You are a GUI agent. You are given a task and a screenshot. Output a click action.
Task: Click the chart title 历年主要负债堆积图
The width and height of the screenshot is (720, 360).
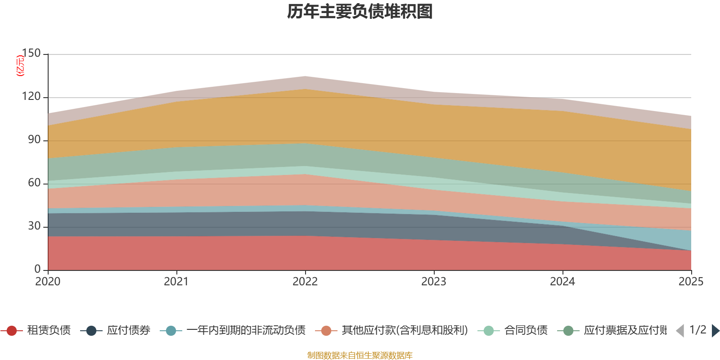360,12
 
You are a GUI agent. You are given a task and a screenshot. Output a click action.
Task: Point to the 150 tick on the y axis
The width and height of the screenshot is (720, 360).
31,53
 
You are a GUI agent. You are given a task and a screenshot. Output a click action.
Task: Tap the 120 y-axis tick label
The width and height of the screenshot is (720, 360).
31,96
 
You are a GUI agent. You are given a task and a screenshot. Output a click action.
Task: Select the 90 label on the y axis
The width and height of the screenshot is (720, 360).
34,139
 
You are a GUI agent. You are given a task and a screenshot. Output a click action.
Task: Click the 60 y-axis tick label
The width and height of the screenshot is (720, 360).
34,183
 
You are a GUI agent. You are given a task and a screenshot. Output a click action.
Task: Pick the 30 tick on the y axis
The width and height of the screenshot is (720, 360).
34,226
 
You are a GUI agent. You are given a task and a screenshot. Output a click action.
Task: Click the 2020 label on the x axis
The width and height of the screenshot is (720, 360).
48,282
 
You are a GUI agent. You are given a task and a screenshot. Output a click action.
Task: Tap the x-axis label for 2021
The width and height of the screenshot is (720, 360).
176,282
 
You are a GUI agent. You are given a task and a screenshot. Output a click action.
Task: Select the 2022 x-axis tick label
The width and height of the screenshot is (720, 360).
305,282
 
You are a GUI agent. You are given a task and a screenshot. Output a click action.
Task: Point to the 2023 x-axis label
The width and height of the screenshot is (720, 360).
434,282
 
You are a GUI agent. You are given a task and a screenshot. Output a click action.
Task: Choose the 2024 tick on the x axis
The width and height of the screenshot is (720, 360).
562,282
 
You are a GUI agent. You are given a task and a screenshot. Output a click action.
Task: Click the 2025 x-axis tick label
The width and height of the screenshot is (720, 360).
691,282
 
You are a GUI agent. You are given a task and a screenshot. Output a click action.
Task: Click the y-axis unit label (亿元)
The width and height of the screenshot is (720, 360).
20,66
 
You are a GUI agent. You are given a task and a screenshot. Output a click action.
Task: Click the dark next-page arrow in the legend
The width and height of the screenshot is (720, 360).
715,331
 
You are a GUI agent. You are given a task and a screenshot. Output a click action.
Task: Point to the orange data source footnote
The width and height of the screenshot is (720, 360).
360,355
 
